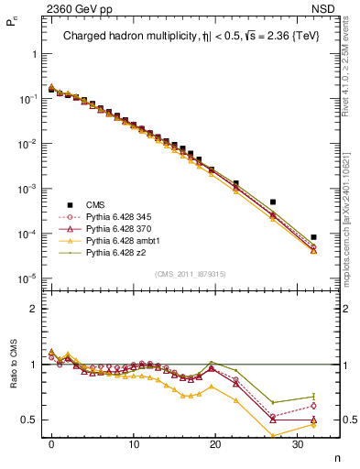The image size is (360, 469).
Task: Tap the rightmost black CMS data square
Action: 313,237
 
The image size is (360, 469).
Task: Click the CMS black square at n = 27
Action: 273,202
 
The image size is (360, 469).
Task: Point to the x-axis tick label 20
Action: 215,443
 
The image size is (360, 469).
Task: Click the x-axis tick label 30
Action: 297,443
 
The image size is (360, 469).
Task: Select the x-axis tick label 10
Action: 134,443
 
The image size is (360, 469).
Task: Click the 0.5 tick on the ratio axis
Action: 29,420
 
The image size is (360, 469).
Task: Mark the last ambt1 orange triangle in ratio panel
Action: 313,425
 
